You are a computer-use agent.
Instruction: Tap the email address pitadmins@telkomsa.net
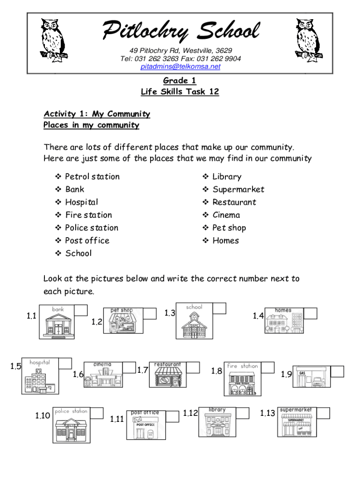click(180, 66)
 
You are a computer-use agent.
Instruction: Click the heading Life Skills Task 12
click(180, 92)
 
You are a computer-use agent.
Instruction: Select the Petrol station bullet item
click(92, 176)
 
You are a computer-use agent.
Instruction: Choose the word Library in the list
click(227, 176)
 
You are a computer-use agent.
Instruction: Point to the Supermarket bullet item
click(238, 189)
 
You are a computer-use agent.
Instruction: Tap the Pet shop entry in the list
click(229, 228)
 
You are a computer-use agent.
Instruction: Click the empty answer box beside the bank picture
click(81, 311)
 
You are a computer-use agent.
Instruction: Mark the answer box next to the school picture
click(219, 308)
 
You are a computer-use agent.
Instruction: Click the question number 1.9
click(286, 374)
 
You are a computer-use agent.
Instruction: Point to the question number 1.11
click(117, 419)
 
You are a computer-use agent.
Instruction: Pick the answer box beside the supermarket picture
click(323, 413)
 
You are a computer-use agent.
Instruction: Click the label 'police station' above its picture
click(71, 411)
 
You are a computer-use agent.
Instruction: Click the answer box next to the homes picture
click(310, 313)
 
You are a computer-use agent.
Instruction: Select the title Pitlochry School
click(180, 31)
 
